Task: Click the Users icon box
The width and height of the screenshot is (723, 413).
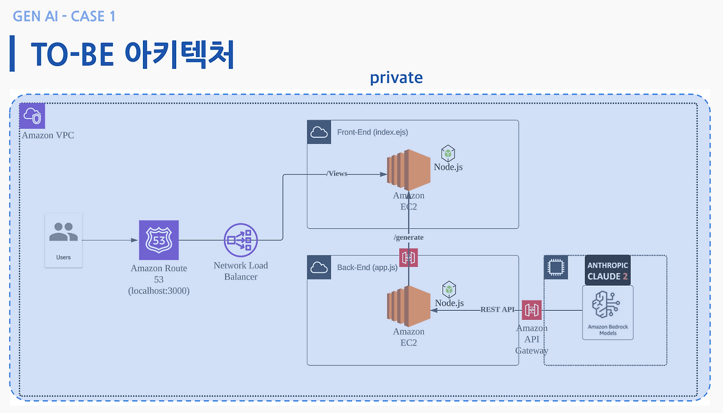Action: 63,240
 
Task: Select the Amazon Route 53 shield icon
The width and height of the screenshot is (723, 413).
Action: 159,240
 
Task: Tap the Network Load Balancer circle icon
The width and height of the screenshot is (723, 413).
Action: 241,240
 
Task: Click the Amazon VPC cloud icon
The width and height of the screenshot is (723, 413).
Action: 32,116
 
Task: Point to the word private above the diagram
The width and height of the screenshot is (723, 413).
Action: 396,77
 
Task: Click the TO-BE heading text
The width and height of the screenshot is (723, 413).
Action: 132,54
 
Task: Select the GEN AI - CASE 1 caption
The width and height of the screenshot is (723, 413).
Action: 64,16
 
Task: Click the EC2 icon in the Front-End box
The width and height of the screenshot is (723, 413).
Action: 408,170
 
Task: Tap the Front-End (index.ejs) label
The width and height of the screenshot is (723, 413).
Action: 372,132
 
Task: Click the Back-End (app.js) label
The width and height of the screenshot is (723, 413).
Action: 367,267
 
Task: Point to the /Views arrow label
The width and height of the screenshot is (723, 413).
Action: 337,173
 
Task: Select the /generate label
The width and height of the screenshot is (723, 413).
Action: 408,237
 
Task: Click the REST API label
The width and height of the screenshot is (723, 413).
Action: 498,310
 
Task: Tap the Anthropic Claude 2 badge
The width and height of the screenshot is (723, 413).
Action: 607,271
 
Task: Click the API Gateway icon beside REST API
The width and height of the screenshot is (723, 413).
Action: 532,310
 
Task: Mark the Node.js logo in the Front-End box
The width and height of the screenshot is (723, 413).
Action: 448,154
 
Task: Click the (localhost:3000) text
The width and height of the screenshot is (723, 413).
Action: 159,291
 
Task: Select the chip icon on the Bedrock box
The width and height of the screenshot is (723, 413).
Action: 556,267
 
